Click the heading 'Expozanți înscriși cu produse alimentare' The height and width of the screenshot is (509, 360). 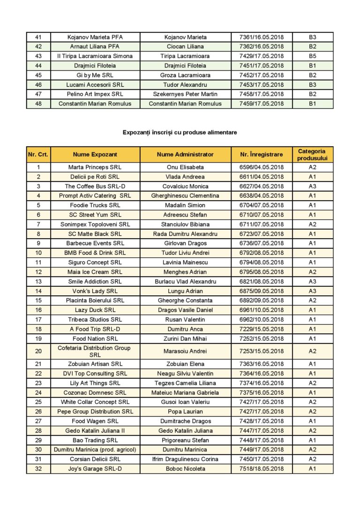pos(180,133)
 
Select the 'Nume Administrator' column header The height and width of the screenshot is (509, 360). pos(185,154)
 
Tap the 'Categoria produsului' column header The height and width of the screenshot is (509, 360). pos(312,154)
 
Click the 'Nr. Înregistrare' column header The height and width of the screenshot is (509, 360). pos(262,154)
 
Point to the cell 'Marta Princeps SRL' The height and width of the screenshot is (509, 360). pos(95,167)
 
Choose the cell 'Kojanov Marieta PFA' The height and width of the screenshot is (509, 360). pos(95,37)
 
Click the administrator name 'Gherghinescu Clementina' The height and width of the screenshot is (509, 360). pos(185,196)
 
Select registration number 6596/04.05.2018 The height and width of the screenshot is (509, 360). pos(262,167)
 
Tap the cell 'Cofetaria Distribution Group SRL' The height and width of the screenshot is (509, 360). pos(95,351)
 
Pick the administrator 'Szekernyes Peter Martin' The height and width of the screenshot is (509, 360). pos(185,94)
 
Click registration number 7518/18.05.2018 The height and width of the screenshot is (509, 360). pos(262,469)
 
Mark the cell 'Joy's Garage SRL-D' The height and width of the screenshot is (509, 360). pos(95,469)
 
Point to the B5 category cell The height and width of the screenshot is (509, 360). pos(312,56)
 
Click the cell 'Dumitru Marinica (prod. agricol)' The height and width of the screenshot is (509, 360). pos(95,449)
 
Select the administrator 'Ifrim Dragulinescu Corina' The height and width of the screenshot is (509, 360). pos(185,459)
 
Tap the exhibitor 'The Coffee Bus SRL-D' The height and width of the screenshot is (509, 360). pos(95,186)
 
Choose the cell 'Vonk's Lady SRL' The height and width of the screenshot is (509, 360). pos(95,291)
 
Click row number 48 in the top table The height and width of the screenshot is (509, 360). pos(38,104)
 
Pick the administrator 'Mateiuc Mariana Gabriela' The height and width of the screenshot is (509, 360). pos(185,392)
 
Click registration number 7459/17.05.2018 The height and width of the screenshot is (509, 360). pos(262,104)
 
